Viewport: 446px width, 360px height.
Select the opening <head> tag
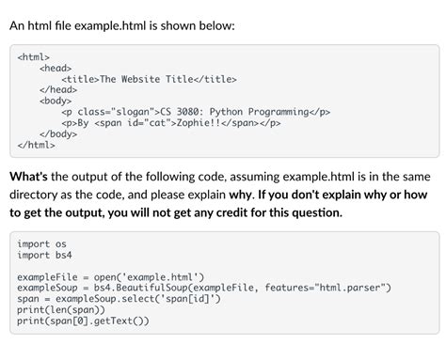pos(56,68)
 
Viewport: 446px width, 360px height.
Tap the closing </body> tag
pos(58,133)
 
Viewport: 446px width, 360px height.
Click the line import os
pos(40,244)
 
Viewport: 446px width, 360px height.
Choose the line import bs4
pos(43,255)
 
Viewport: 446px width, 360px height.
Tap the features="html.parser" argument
pos(329,288)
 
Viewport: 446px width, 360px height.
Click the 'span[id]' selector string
pos(188,299)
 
